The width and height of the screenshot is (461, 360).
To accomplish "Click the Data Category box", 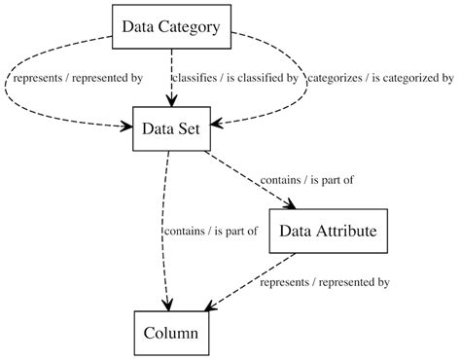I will pyautogui.click(x=171, y=26).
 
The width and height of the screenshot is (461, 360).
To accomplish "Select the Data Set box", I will pyautogui.click(x=171, y=129).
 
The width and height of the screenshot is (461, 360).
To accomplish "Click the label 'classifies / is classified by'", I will pyautogui.click(x=234, y=78).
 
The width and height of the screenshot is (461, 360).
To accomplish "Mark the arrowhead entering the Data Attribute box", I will pyautogui.click(x=290, y=203).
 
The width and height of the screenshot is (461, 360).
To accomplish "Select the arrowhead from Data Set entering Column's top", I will pyautogui.click(x=167, y=305).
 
